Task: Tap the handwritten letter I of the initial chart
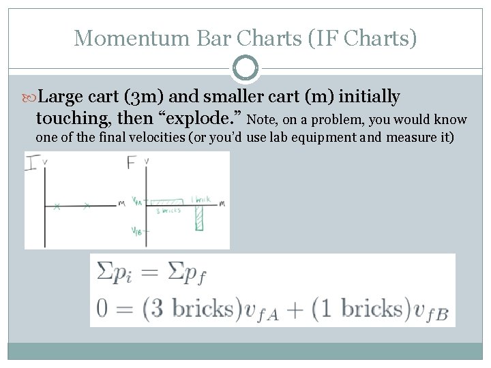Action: (32, 163)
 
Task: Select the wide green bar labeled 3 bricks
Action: (166, 203)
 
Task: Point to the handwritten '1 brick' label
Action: (203, 199)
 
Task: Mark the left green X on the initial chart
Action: (57, 206)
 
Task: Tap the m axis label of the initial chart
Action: (121, 203)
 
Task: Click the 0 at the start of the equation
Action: (102, 308)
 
